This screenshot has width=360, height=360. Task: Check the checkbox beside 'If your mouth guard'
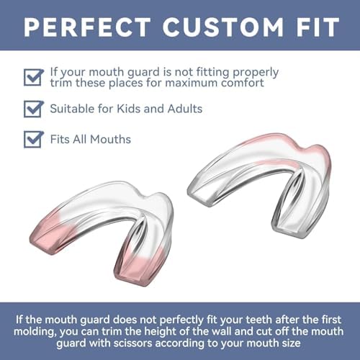(x=32, y=77)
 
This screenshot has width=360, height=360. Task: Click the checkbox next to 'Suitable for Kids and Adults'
(x=32, y=109)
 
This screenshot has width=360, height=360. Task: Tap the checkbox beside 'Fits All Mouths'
(x=32, y=138)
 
